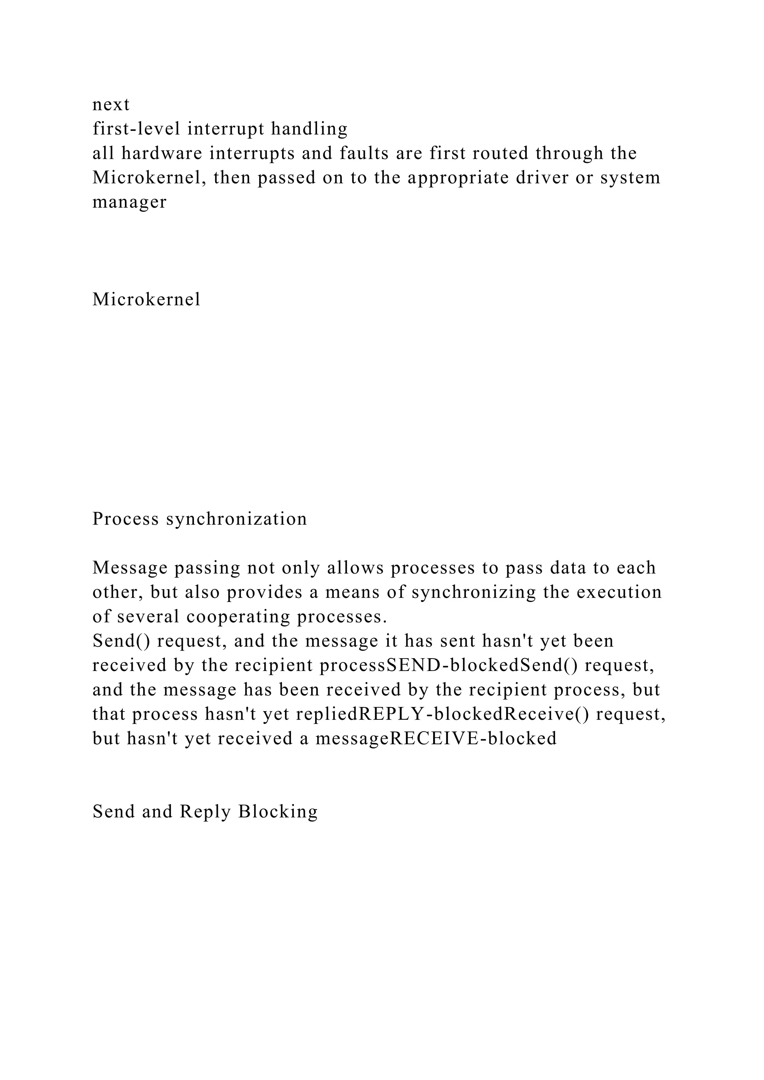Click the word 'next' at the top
click(x=111, y=104)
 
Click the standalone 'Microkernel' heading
click(x=146, y=299)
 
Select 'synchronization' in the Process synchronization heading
click(x=236, y=519)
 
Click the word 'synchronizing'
click(x=474, y=592)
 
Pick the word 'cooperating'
click(x=238, y=617)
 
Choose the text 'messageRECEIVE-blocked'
click(x=436, y=739)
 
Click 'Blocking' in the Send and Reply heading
click(x=278, y=812)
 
